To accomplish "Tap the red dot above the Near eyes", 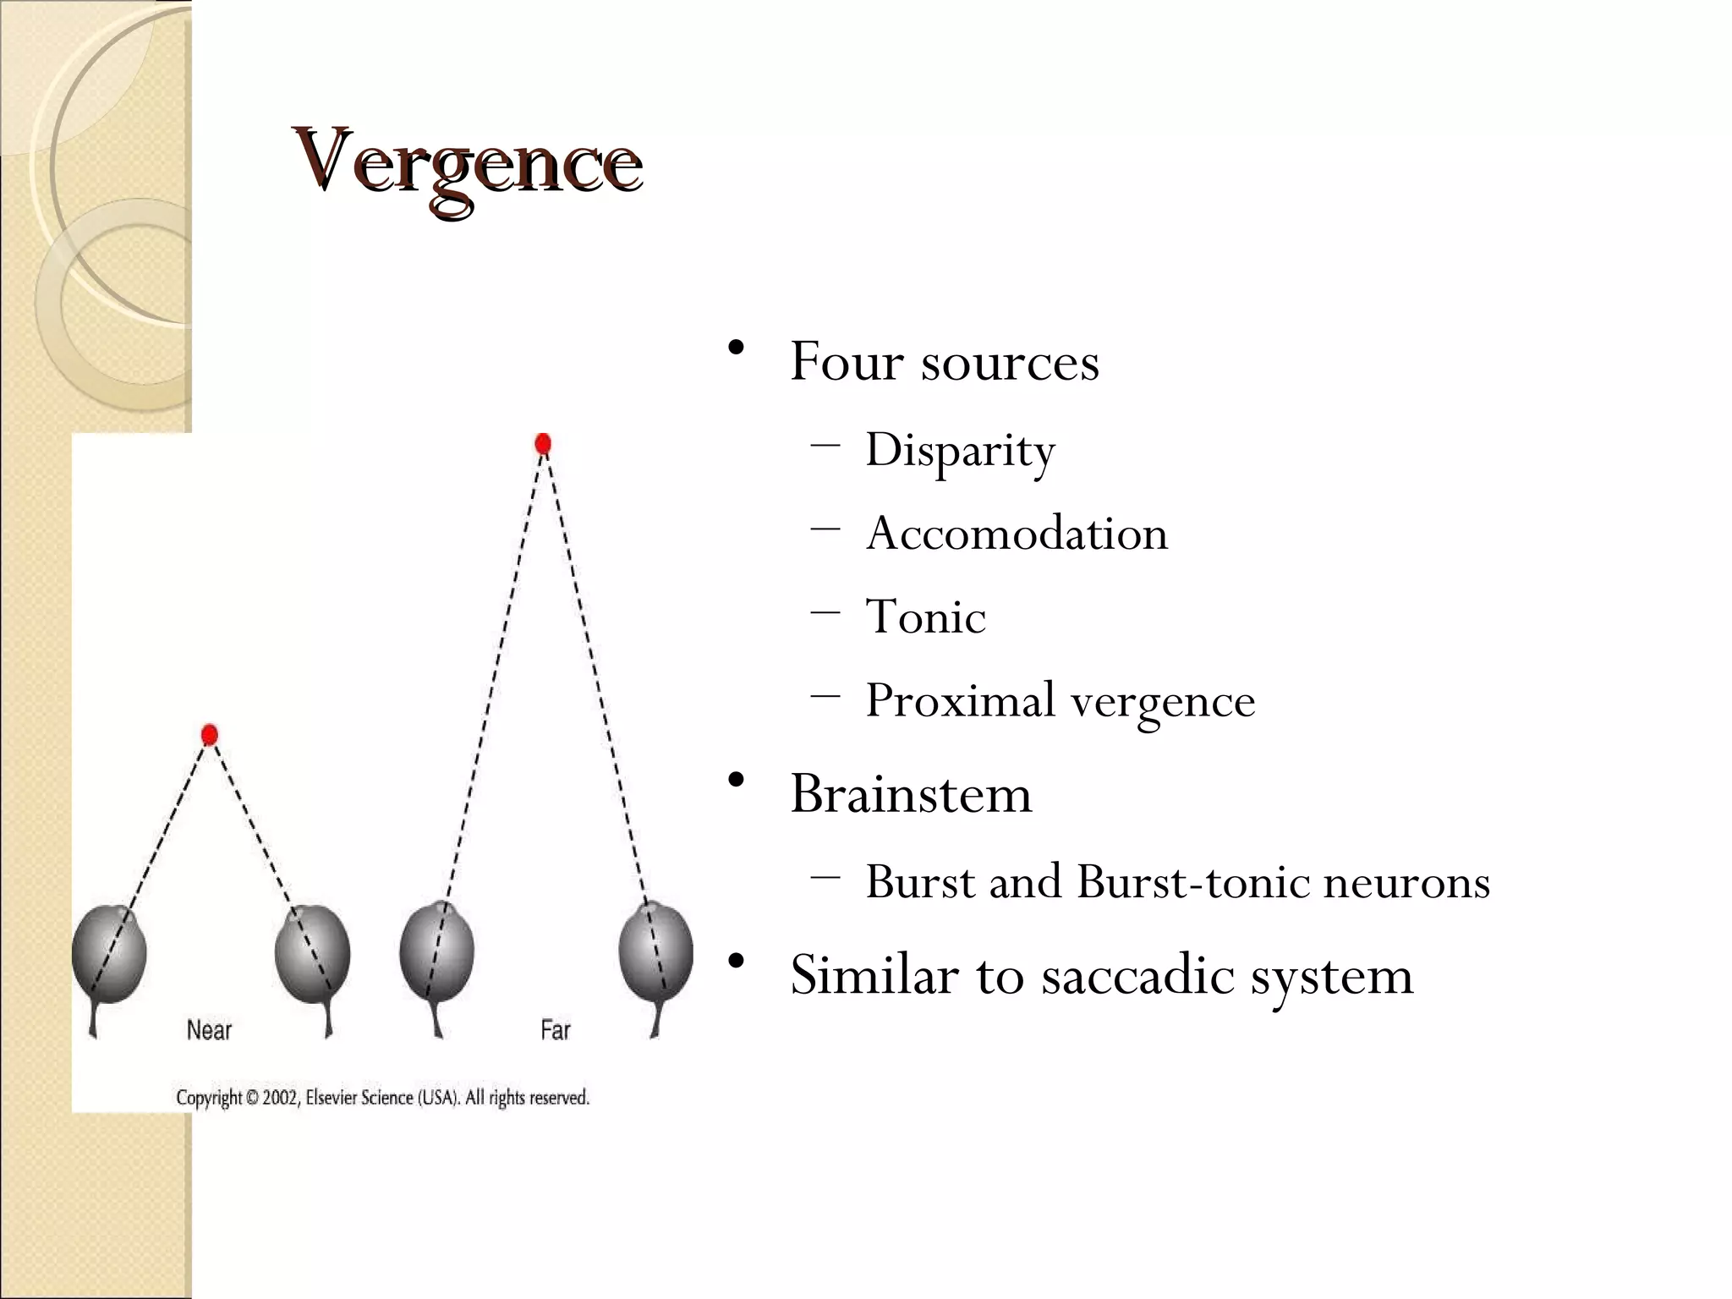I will [x=210, y=735].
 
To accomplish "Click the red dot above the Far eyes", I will [x=543, y=444].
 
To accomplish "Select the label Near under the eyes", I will [x=209, y=1030].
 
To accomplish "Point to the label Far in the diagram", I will [x=556, y=1030].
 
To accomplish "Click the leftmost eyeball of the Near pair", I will [x=109, y=955].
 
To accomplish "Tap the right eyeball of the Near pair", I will [x=312, y=955].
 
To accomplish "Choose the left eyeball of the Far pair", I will [x=436, y=952].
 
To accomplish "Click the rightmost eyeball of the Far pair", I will [x=655, y=952].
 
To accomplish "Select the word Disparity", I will [x=960, y=451].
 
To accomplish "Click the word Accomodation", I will [x=1017, y=534].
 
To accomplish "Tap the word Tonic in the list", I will [x=925, y=617].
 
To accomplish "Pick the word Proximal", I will [x=960, y=701].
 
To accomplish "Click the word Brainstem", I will [x=911, y=794].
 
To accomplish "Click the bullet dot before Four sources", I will [x=736, y=348].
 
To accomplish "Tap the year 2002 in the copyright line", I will [x=281, y=1098].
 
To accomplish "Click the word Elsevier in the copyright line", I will [x=332, y=1098].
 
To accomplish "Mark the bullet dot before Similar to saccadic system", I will [x=736, y=961].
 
